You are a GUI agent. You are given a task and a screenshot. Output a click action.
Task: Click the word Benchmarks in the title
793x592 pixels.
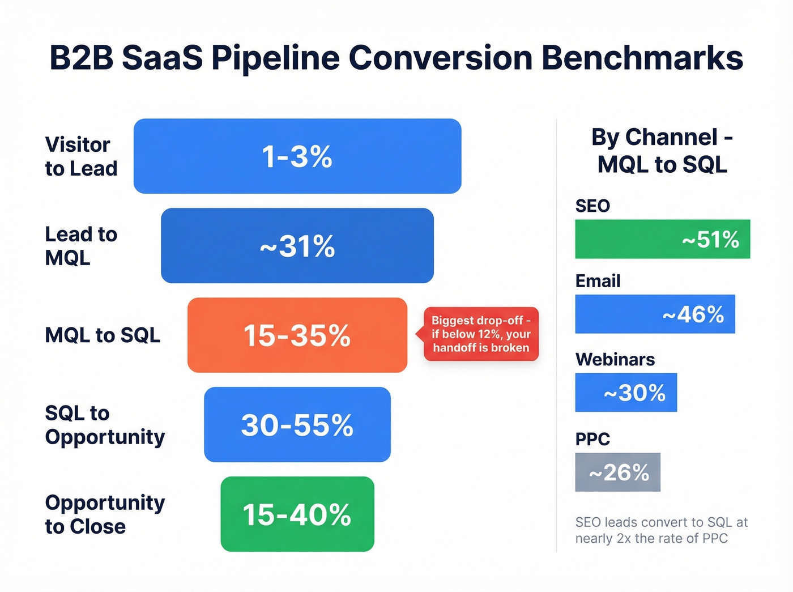pos(642,58)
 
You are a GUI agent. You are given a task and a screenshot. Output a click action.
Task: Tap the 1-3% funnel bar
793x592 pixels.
pos(297,156)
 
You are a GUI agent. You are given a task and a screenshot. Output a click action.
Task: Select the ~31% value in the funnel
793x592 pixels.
pos(297,246)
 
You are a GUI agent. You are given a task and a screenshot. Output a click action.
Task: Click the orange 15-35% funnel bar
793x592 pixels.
pos(297,335)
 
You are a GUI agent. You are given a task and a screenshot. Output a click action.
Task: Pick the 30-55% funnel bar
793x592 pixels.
pos(297,425)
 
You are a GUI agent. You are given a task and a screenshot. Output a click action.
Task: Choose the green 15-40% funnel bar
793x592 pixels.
pos(297,514)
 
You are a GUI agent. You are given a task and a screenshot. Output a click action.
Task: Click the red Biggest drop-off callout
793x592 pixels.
pos(481,334)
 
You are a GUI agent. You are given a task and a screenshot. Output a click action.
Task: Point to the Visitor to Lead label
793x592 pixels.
pos(81,156)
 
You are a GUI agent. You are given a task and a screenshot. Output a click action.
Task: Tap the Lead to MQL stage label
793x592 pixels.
pos(81,246)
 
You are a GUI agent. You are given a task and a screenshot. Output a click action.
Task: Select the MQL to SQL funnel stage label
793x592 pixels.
pos(103,335)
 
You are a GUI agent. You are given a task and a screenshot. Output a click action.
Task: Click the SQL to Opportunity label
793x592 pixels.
pos(105,425)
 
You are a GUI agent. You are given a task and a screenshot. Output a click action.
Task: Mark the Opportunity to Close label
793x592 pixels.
pos(105,514)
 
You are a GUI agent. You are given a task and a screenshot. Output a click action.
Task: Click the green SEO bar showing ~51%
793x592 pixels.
pos(662,239)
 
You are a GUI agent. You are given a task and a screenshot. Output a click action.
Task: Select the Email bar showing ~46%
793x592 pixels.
pos(655,314)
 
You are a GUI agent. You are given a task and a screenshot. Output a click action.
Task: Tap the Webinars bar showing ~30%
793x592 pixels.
pos(626,393)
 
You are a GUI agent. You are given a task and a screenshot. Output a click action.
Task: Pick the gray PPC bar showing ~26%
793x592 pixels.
pos(617,472)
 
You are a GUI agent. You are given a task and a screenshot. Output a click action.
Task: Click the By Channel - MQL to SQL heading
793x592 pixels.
pos(662,151)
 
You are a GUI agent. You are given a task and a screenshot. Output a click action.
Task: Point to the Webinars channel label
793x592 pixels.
pos(615,360)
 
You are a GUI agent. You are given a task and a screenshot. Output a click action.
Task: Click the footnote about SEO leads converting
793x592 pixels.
pos(661,530)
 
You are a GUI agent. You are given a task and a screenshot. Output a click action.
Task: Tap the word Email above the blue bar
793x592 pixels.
pos(598,281)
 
